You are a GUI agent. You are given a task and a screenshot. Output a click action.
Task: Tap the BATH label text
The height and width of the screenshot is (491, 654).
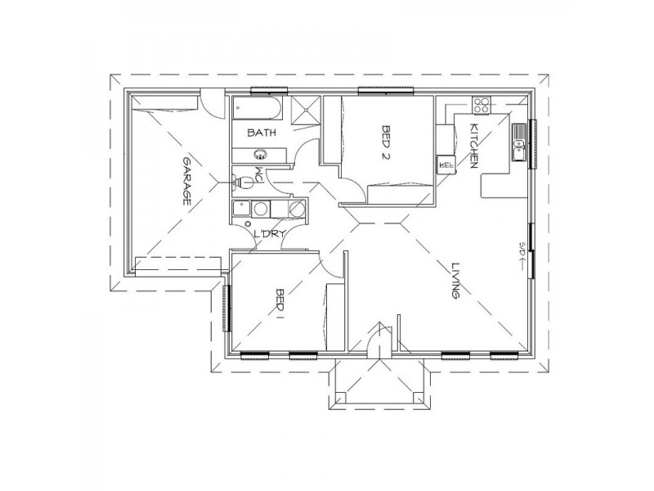pyautogui.click(x=262, y=132)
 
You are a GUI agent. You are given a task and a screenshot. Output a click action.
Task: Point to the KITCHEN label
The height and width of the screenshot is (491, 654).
pyautogui.click(x=473, y=145)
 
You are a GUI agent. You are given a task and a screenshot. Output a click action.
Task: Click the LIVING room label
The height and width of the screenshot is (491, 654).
pyautogui.click(x=455, y=282)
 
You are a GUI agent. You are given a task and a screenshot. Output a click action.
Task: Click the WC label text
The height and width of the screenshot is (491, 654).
pyautogui.click(x=259, y=176)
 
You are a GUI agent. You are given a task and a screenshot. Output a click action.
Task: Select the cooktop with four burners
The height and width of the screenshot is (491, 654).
pyautogui.click(x=482, y=105)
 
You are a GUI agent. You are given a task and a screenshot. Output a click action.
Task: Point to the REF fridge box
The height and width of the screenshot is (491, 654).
pyautogui.click(x=446, y=163)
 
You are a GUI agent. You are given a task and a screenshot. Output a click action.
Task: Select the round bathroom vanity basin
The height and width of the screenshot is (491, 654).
pyautogui.click(x=262, y=154)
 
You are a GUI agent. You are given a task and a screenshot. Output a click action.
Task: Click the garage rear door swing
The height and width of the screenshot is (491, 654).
pyautogui.click(x=210, y=104)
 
